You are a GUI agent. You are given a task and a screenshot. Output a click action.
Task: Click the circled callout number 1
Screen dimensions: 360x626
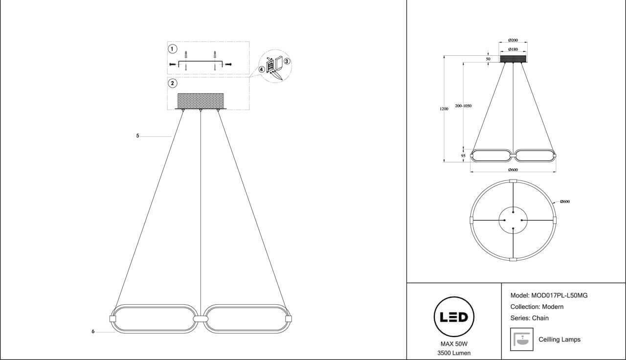[172, 49]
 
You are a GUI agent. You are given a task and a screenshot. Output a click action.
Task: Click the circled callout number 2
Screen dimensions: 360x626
[172, 83]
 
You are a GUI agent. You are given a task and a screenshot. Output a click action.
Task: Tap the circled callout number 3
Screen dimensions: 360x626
[287, 62]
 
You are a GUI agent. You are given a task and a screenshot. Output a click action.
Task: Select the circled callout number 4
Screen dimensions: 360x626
[262, 69]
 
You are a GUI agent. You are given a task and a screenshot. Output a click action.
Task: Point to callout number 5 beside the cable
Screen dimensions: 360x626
[138, 135]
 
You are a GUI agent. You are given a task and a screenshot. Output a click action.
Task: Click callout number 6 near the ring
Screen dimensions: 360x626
[93, 332]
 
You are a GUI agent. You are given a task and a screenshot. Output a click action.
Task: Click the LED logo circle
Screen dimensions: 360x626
[454, 316]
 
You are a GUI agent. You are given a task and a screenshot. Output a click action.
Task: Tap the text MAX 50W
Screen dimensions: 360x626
[454, 344]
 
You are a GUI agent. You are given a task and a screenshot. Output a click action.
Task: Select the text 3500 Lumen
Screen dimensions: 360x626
[454, 353]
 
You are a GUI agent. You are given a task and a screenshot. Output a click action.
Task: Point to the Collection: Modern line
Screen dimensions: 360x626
[537, 307]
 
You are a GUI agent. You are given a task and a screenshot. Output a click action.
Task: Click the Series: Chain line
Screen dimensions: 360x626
[529, 318]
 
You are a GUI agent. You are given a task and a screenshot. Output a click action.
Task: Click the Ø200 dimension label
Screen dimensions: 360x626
[513, 40]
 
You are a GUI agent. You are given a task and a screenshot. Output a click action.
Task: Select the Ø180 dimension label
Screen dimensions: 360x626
[513, 49]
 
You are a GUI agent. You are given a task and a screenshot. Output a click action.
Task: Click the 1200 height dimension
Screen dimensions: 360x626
[444, 109]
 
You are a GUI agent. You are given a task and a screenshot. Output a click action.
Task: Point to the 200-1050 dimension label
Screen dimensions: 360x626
[463, 106]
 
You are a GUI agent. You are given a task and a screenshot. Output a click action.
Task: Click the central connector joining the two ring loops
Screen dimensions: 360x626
[201, 319]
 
